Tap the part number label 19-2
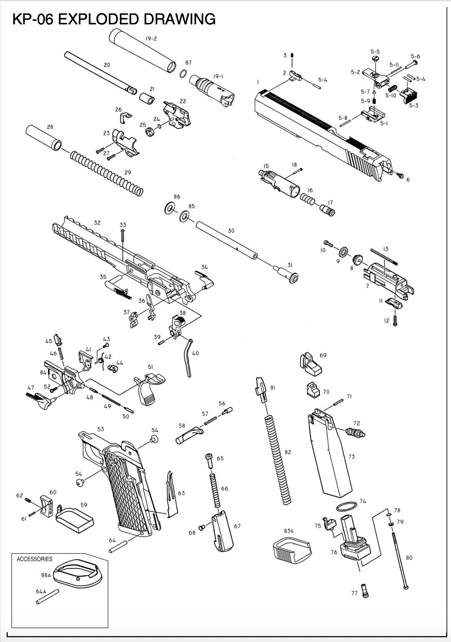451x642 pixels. coord(151,39)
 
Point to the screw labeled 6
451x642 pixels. coord(400,175)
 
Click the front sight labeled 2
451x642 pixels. coord(295,76)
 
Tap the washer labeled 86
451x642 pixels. coord(170,209)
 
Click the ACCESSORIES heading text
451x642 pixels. coord(35,559)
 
